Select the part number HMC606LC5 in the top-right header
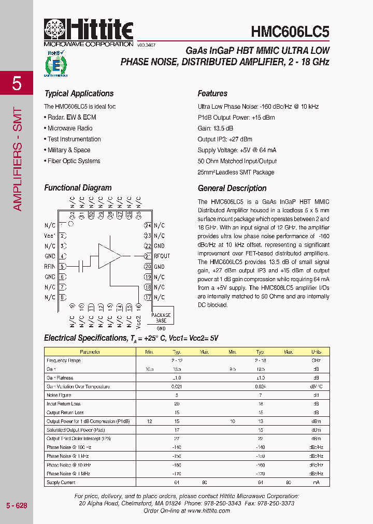click(x=290, y=32)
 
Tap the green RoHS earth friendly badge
click(x=56, y=64)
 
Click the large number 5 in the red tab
click(x=17, y=83)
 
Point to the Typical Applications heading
click(x=79, y=94)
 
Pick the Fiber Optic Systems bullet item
click(x=74, y=161)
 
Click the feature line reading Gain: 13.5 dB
click(x=215, y=128)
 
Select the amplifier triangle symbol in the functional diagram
click(x=109, y=256)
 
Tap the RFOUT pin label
click(x=162, y=256)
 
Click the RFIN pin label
click(x=50, y=267)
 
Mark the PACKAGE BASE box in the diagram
click(x=161, y=318)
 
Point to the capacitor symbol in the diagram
click(x=81, y=267)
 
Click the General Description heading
click(x=232, y=188)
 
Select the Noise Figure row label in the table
click(x=59, y=395)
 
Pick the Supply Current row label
click(x=61, y=483)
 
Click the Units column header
click(x=316, y=352)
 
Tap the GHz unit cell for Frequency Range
click(x=316, y=360)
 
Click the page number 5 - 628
click(x=17, y=505)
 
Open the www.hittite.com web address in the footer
click(x=208, y=511)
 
